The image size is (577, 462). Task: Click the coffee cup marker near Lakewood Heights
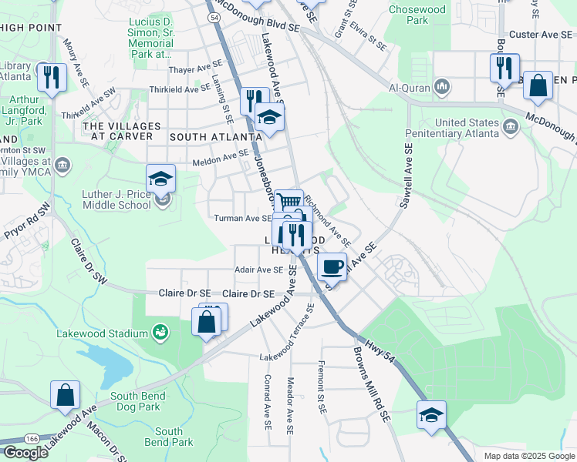pyautogui.click(x=332, y=266)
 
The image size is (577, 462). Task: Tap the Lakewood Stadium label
pyautogui.click(x=102, y=333)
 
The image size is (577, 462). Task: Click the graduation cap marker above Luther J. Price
pyautogui.click(x=161, y=179)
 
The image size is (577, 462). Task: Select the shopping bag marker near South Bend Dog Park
pyautogui.click(x=66, y=394)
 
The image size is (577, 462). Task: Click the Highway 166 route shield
pyautogui.click(x=32, y=437)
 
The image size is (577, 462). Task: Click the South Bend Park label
pyautogui.click(x=169, y=437)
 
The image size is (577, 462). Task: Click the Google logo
pyautogui.click(x=25, y=452)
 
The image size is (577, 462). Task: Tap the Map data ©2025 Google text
pyautogui.click(x=528, y=456)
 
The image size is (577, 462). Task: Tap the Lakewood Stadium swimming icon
pyautogui.click(x=160, y=333)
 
